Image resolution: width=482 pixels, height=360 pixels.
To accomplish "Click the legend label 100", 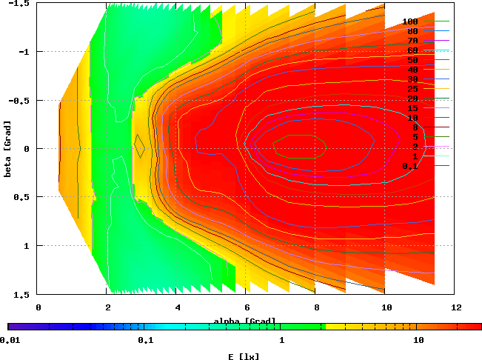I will click(x=410, y=22).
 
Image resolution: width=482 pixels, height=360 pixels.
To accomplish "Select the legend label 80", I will click(x=412, y=32).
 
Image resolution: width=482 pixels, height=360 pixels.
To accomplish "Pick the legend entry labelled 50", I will click(x=412, y=61).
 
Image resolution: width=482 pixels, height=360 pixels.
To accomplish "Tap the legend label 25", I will click(x=412, y=90).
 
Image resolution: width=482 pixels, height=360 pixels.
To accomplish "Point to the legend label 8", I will click(x=415, y=127).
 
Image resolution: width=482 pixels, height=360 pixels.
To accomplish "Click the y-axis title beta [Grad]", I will click(x=7, y=148).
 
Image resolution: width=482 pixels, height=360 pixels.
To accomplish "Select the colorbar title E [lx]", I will click(x=244, y=356).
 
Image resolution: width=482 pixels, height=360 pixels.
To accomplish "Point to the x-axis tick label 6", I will click(x=246, y=306).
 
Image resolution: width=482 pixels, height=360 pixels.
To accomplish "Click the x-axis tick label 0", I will click(x=38, y=306).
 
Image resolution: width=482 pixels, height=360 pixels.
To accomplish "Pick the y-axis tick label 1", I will click(x=25, y=245).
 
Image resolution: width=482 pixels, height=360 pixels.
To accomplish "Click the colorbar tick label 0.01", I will click(x=9, y=341).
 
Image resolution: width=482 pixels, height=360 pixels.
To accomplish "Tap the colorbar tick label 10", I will click(x=418, y=341).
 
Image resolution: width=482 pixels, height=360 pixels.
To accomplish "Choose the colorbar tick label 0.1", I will click(x=145, y=341).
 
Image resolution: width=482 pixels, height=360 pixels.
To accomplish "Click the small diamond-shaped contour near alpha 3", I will click(x=138, y=145).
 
